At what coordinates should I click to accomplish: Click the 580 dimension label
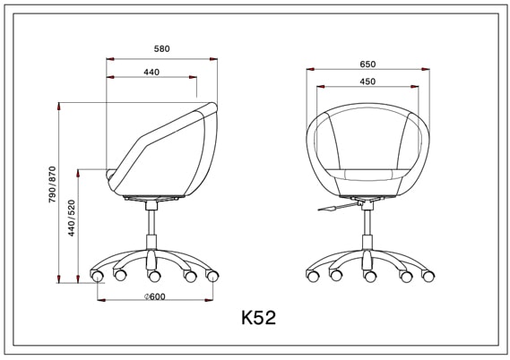161,48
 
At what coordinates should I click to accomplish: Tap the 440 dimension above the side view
151,72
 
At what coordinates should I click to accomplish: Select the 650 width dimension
367,64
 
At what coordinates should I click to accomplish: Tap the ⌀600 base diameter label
154,297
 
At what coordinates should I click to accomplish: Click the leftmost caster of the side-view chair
98,275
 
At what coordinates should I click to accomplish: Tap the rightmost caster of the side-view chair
212,275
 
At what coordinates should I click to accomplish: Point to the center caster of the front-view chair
367,276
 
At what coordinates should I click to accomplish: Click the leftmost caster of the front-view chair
313,275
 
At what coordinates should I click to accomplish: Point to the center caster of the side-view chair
154,276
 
